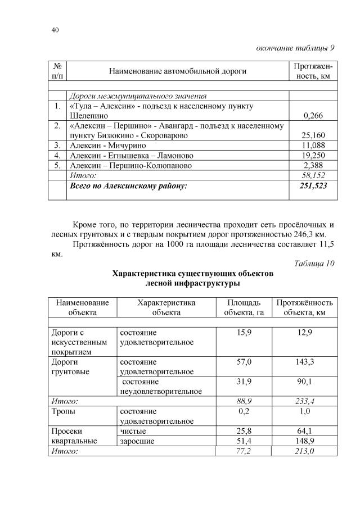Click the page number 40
55,30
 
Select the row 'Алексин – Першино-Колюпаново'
130,166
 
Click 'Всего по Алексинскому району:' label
128,185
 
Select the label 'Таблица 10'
314,264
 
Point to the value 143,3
304,362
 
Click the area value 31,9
244,382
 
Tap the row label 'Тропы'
64,411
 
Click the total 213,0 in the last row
304,451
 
